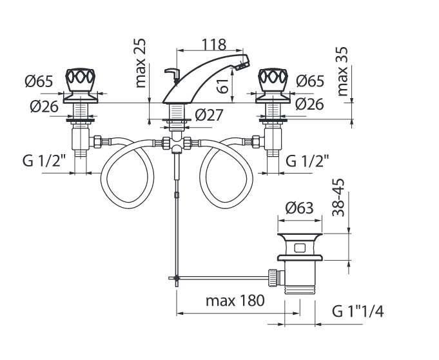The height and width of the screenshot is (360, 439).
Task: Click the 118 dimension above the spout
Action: coord(213,44)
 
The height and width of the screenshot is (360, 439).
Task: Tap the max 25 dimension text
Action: coord(141,63)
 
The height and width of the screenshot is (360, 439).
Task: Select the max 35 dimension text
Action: coord(342,72)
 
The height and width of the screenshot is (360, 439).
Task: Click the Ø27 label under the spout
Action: coord(208,115)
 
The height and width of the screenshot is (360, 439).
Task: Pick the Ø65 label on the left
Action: coord(39,82)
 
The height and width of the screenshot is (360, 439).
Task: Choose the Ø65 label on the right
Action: coord(310,82)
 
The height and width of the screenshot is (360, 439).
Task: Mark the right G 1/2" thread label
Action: coord(307,160)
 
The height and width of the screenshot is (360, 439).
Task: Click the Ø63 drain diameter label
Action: coord(299,208)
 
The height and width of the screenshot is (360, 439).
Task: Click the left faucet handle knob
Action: coord(81,81)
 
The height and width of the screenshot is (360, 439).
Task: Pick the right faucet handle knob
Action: coord(273,81)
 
